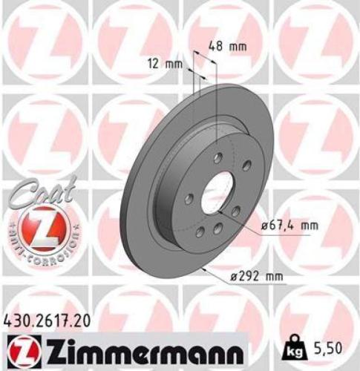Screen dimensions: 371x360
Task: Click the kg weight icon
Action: (294, 346)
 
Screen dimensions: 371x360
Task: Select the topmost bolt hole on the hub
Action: (217, 157)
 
